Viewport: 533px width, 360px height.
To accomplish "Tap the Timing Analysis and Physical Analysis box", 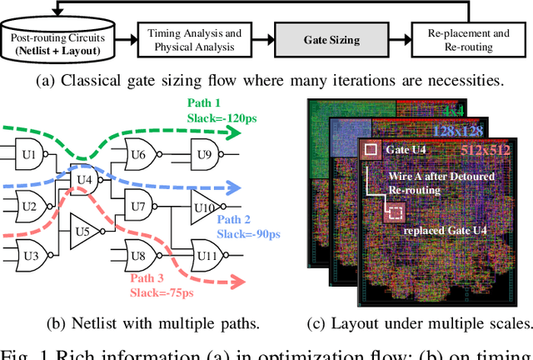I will (x=194, y=39).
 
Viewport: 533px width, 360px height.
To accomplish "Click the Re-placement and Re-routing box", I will (x=469, y=39).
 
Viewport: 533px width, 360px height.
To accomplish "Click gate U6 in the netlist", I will (x=139, y=154).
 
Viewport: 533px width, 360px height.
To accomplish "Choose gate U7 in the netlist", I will (x=139, y=204).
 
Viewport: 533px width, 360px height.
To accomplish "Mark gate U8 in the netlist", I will (x=139, y=254).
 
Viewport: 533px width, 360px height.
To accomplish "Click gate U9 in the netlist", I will (x=202, y=154).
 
